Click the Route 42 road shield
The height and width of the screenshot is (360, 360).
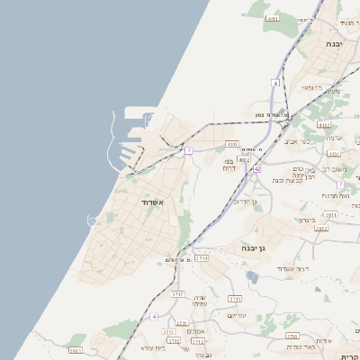(x=257, y=168)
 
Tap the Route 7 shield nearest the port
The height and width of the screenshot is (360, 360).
(x=189, y=150)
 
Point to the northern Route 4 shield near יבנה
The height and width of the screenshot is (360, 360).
(x=275, y=83)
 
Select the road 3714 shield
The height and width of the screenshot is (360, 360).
(x=202, y=257)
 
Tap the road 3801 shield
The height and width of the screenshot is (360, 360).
(x=75, y=350)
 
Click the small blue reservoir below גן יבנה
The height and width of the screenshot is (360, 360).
(x=251, y=277)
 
